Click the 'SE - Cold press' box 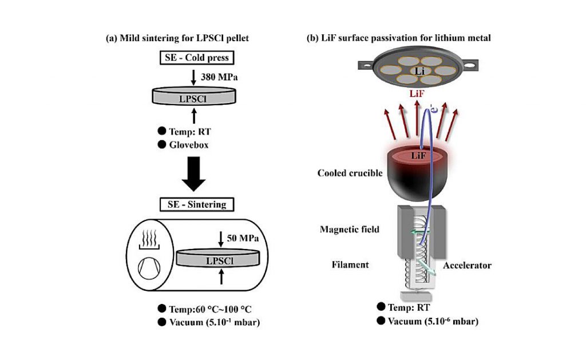[197, 58]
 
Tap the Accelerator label [467, 266]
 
